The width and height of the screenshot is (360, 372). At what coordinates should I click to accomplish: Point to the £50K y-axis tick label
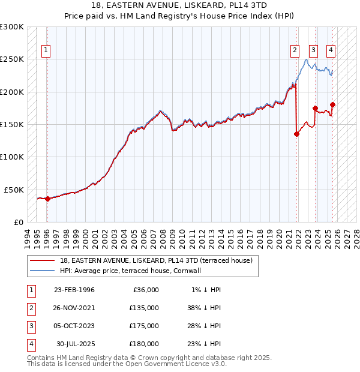(x=13, y=190)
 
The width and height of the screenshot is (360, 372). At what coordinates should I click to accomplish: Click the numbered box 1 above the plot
(x=46, y=51)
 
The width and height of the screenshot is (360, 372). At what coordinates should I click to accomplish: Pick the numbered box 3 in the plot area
(x=313, y=51)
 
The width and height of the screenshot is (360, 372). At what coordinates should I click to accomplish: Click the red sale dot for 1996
(x=47, y=199)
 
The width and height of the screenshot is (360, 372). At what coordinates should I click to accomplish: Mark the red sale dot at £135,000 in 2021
(x=296, y=134)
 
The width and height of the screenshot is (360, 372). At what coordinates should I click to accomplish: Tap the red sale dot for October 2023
(x=315, y=109)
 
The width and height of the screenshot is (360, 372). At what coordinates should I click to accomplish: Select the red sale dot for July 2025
(x=332, y=105)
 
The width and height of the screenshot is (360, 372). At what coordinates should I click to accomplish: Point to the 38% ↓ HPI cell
(x=203, y=307)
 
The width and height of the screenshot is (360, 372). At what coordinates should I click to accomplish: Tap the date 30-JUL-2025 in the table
(x=76, y=344)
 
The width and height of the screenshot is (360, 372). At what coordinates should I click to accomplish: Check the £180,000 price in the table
(x=144, y=344)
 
